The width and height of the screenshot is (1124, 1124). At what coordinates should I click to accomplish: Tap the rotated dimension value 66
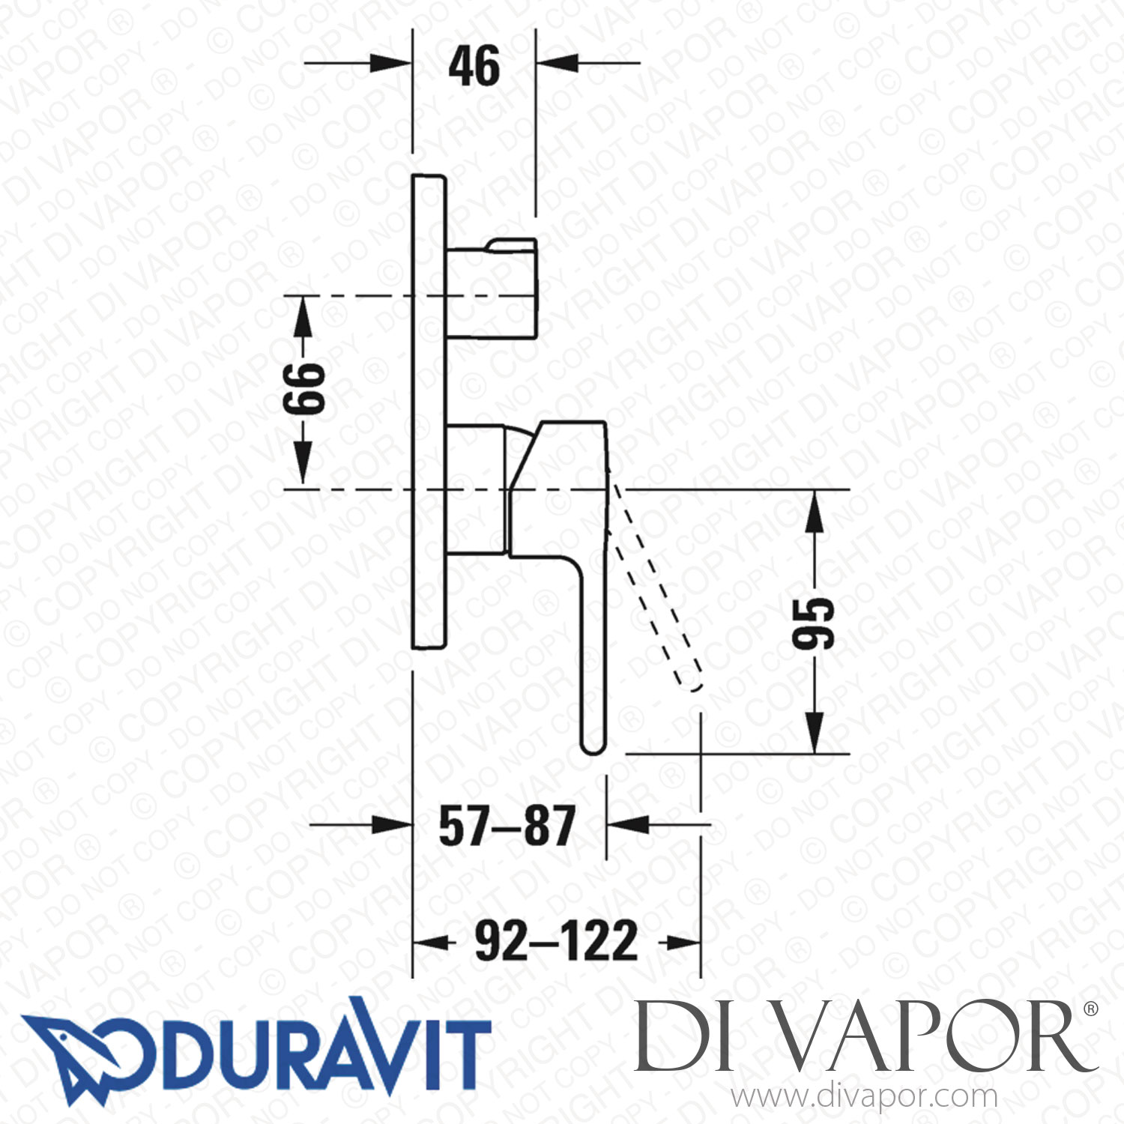point(304,389)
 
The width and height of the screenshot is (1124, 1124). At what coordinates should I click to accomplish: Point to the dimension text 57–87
point(507,826)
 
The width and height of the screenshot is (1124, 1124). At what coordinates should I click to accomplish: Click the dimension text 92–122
point(557,941)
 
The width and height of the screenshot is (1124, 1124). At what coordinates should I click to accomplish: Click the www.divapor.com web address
point(864,1097)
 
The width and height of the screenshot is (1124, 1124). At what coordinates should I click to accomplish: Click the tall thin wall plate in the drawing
point(429,412)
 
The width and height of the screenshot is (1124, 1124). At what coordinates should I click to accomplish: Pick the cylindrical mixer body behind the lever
point(476,489)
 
